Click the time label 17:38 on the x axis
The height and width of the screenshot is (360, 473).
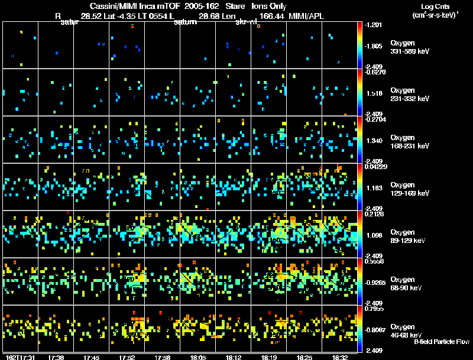pyautogui.click(x=57, y=357)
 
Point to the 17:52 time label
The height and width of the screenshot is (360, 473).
pyautogui.click(x=128, y=357)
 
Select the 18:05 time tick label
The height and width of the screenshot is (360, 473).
pyautogui.click(x=198, y=357)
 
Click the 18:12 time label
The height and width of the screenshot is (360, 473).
pyautogui.click(x=234, y=357)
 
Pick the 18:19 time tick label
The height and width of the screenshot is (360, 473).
pyautogui.click(x=268, y=357)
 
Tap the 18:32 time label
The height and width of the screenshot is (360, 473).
pyautogui.click(x=339, y=357)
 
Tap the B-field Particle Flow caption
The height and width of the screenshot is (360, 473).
pyautogui.click(x=441, y=342)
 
